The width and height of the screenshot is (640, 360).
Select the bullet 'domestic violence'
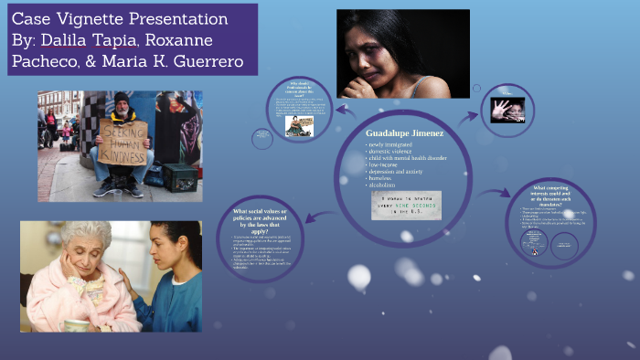point(394,154)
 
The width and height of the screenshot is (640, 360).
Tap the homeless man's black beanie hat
point(121,97)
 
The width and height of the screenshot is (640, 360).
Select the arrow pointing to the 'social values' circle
point(310,216)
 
